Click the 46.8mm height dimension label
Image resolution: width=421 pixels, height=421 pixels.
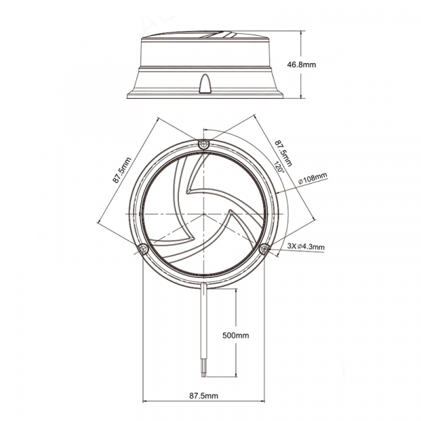pyautogui.click(x=302, y=65)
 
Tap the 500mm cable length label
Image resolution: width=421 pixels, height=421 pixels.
pyautogui.click(x=236, y=335)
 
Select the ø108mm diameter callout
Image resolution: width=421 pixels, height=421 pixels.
pyautogui.click(x=313, y=178)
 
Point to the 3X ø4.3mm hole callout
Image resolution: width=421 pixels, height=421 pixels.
pyautogui.click(x=306, y=246)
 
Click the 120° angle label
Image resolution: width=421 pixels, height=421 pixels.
pyautogui.click(x=279, y=167)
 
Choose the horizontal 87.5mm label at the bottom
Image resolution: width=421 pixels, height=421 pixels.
pyautogui.click(x=203, y=396)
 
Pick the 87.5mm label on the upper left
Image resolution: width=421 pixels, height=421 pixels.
pyautogui.click(x=122, y=171)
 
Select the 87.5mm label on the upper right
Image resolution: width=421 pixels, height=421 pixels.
pyautogui.click(x=283, y=152)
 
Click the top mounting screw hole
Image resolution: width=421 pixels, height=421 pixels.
pyautogui.click(x=203, y=145)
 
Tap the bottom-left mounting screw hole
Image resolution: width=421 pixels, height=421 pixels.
pyautogui.click(x=142, y=249)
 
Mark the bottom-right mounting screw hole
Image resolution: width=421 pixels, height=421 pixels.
pyautogui.click(x=265, y=249)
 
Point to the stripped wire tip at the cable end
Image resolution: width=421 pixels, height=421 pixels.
pyautogui.click(x=204, y=373)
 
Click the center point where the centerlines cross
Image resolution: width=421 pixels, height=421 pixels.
pyautogui.click(x=203, y=214)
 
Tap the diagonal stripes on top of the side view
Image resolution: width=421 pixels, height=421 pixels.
pyautogui.click(x=218, y=34)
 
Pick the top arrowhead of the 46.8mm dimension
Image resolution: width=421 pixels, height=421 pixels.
pyautogui.click(x=301, y=33)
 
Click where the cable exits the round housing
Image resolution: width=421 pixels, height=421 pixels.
pyautogui.click(x=204, y=284)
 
